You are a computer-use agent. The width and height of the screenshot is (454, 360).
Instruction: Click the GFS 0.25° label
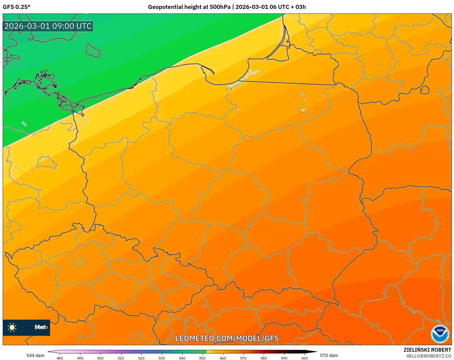pos(16,7)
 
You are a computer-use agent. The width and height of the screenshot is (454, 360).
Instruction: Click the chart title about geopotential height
pos(227,7)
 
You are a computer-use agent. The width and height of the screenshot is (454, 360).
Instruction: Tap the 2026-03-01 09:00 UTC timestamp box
pos(48,26)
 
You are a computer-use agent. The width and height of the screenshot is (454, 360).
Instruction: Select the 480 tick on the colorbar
pos(60,358)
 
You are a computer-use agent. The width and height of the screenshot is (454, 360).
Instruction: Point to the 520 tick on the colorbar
pos(141,358)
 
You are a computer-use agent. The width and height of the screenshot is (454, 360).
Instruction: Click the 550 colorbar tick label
pos(202,358)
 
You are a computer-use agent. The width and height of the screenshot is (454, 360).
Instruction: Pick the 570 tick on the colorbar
pos(243,358)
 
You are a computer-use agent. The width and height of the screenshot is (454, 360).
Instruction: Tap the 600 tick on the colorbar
pos(304,358)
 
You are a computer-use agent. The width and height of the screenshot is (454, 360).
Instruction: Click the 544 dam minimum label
pos(35,355)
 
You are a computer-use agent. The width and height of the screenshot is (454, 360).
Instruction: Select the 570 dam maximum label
pos(329,355)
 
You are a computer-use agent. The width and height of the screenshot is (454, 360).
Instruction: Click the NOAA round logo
pos(440,334)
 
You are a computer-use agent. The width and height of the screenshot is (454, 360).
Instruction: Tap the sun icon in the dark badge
pos(12,327)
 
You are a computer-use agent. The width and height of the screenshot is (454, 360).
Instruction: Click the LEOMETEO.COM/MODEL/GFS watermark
pos(227,338)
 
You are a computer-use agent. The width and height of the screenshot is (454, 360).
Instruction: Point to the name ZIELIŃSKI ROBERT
pos(427,350)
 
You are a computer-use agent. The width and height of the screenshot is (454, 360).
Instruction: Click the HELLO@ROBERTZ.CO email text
pos(428,356)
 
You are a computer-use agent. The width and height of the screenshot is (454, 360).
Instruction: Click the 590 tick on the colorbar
pos(284,358)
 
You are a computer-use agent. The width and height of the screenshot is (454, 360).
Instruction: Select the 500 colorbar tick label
pos(100,358)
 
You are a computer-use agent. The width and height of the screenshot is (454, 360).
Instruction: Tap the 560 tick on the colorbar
pos(223,358)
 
